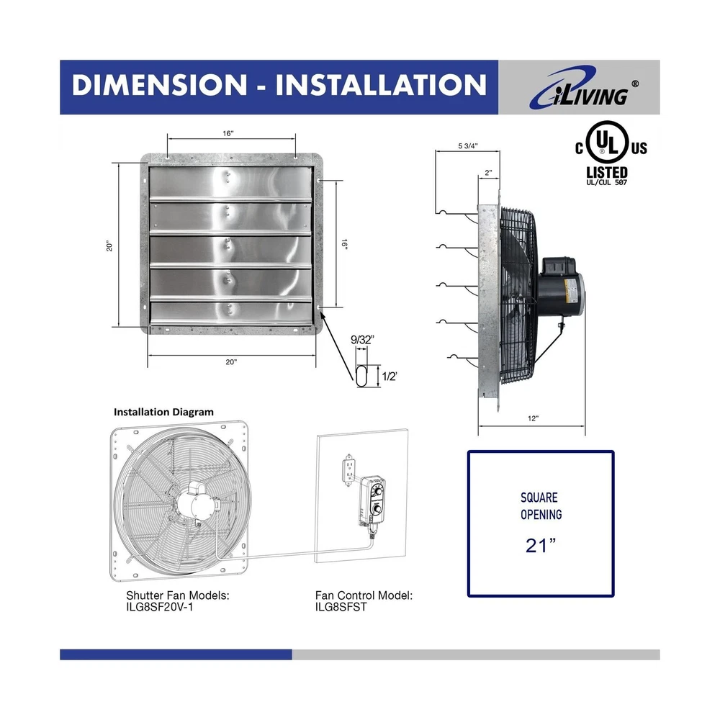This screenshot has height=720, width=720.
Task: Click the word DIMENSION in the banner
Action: click(x=160, y=86)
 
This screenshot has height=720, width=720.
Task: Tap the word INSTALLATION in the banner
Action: click(x=381, y=86)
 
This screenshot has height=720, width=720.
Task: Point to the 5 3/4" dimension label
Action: click(x=468, y=146)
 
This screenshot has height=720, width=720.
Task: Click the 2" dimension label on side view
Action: click(x=488, y=173)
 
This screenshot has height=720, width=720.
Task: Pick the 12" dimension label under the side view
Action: click(x=533, y=418)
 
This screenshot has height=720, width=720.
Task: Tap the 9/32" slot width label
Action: click(x=362, y=340)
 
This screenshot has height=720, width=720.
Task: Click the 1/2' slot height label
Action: click(x=390, y=377)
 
